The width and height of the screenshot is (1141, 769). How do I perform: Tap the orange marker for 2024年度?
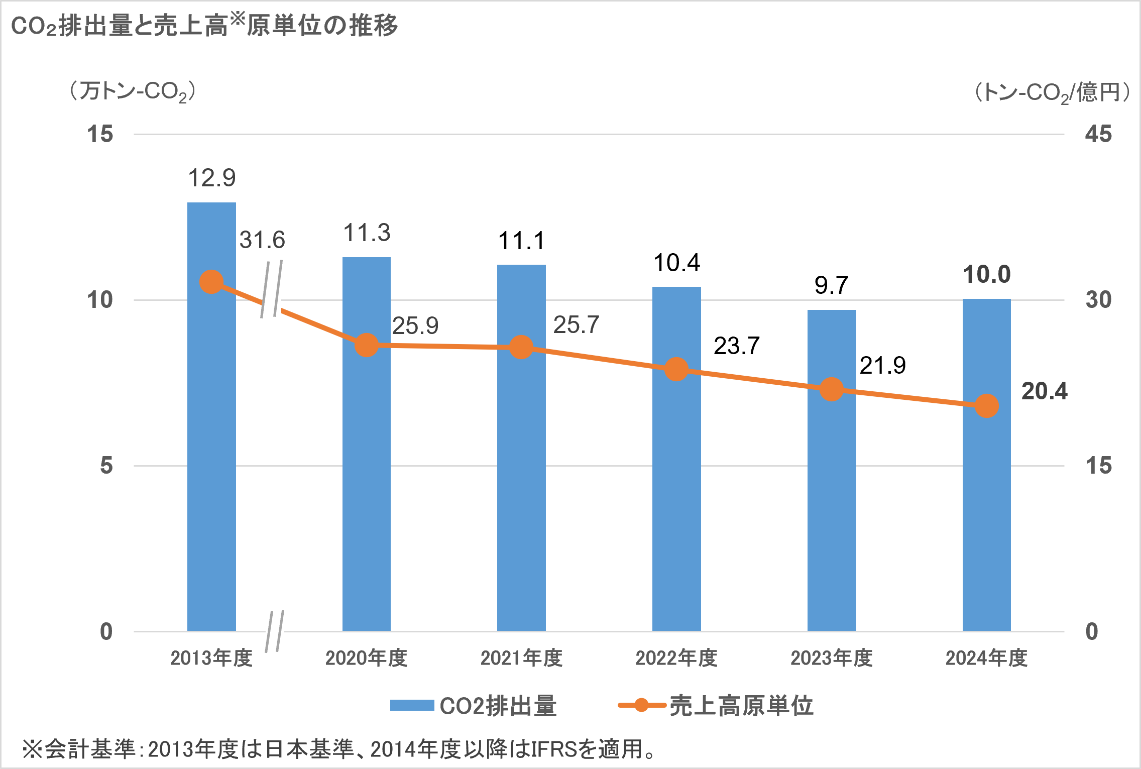[986, 406]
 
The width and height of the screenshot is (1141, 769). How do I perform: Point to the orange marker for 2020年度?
[367, 346]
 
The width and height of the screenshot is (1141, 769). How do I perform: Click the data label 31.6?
[262, 240]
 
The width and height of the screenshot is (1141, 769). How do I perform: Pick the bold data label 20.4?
[1044, 391]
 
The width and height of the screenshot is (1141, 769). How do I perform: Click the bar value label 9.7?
[831, 285]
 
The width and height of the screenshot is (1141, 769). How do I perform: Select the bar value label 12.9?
[211, 178]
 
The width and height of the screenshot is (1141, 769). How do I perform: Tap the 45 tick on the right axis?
[1098, 135]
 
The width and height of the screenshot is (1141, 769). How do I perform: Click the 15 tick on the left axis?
[100, 135]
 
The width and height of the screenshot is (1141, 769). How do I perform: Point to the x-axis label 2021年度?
[521, 658]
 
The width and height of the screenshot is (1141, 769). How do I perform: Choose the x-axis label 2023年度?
[831, 658]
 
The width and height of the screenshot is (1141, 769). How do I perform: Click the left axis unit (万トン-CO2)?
[133, 92]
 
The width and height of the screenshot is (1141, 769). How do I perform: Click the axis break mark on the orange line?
[272, 289]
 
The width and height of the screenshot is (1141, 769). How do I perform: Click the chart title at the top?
[204, 25]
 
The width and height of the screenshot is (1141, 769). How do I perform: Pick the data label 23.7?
[737, 346]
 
